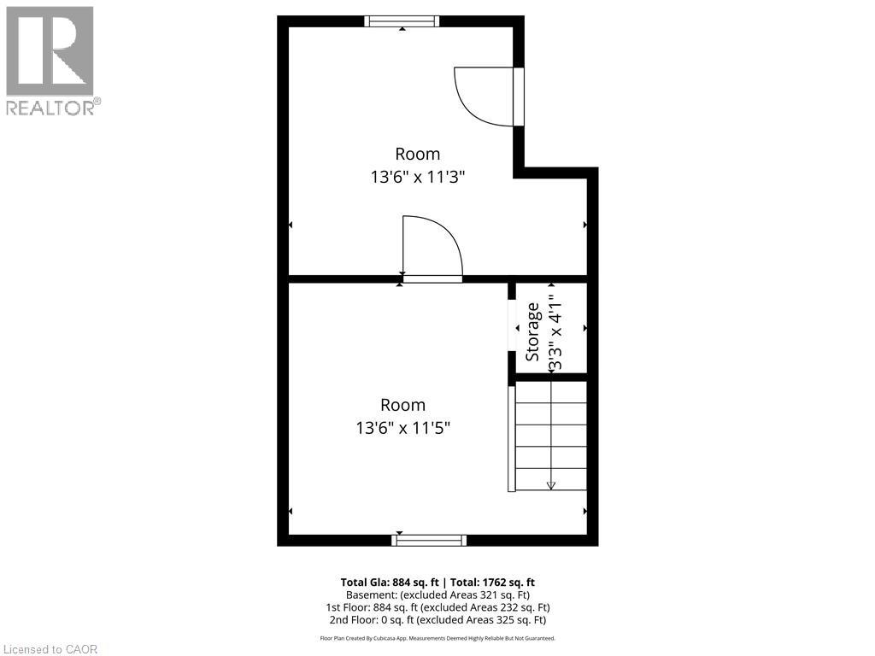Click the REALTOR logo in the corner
50,60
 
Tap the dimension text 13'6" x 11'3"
417,178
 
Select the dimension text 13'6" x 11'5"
403,428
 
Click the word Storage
532,331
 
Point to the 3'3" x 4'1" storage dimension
556,332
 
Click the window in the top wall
402,21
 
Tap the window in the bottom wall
429,540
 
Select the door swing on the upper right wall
485,97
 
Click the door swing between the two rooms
432,248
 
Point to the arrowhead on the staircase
551,485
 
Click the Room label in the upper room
417,154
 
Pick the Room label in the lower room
402,405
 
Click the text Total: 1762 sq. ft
492,583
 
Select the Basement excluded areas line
437,594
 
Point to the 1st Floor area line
437,607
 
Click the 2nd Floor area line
437,620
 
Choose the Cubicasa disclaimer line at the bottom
437,638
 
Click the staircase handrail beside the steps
512,436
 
